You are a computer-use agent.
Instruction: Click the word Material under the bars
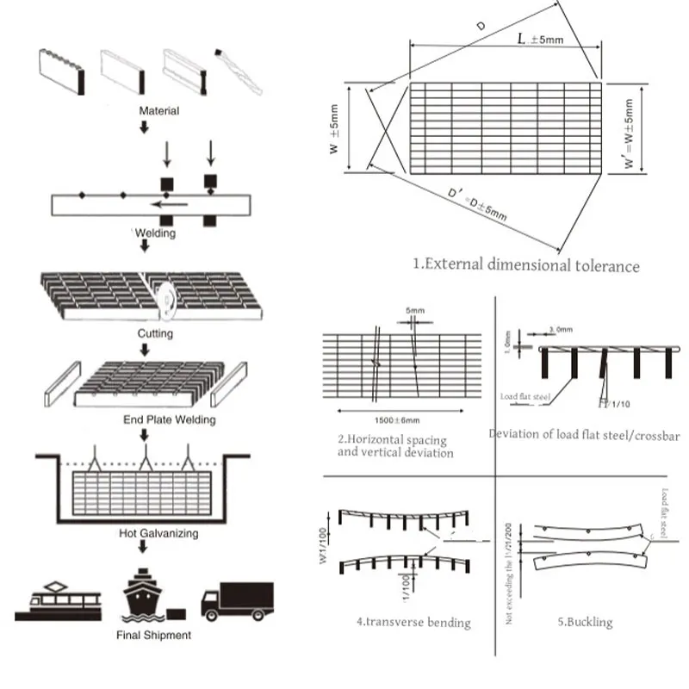pos(158,111)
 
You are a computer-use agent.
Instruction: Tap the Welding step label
pos(156,233)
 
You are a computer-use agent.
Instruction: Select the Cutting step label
pos(155,333)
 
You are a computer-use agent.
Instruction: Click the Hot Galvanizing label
pos(158,533)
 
